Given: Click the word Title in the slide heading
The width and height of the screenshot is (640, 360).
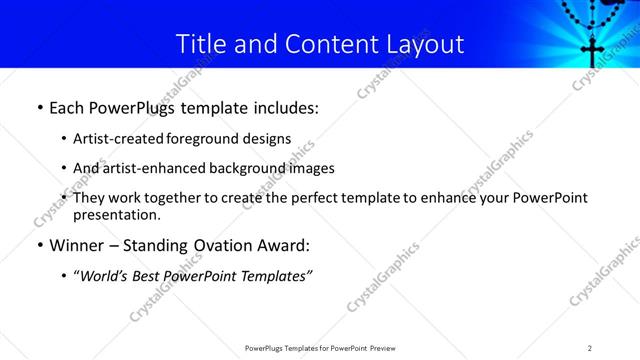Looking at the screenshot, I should pyautogui.click(x=200, y=44).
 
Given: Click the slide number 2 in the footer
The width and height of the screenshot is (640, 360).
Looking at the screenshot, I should pyautogui.click(x=590, y=348).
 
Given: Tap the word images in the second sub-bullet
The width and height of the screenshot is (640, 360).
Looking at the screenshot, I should pyautogui.click(x=312, y=168).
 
